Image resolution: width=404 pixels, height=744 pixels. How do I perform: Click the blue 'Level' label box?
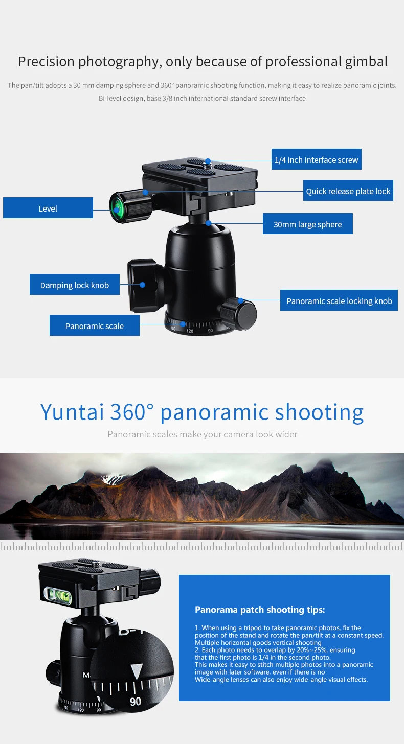click(x=48, y=208)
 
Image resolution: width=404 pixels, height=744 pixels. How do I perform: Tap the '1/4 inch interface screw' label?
click(x=316, y=160)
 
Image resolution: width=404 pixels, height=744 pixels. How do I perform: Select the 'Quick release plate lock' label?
click(x=348, y=191)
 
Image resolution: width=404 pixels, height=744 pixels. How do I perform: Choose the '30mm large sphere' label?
click(x=307, y=224)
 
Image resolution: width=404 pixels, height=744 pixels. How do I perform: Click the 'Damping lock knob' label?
click(x=75, y=285)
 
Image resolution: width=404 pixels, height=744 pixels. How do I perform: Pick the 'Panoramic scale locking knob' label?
click(x=339, y=301)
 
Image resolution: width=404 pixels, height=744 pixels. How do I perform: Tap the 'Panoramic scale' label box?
click(x=95, y=326)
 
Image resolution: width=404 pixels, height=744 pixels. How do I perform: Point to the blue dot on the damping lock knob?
click(x=143, y=285)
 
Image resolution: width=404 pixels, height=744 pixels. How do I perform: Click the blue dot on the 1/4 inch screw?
click(x=208, y=160)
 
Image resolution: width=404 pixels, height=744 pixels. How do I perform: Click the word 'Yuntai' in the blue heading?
click(x=72, y=412)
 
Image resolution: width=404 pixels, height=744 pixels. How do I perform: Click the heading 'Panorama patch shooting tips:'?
click(x=260, y=610)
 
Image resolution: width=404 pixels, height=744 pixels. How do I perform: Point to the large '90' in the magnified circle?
click(x=135, y=702)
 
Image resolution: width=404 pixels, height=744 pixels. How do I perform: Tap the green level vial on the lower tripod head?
click(x=59, y=593)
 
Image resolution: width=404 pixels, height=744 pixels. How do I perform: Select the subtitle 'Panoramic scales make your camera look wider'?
click(x=202, y=434)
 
